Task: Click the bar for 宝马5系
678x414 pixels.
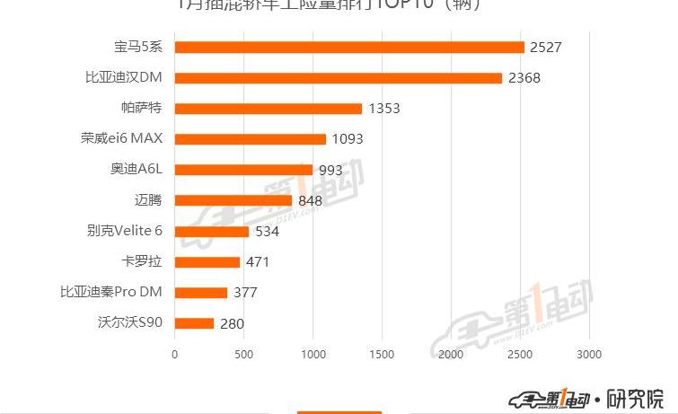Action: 348,47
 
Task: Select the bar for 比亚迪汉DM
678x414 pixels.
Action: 338,78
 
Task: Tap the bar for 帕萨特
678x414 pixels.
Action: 268,109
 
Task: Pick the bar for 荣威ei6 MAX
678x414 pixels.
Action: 250,139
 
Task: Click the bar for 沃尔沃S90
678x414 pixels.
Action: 194,323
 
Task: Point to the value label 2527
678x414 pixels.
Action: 546,47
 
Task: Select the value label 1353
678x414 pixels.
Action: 383,109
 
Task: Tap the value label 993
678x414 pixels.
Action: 332,170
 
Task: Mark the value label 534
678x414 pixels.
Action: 267,232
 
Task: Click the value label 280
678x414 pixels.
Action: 232,323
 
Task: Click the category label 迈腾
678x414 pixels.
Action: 149,200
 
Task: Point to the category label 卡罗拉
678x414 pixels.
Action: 143,261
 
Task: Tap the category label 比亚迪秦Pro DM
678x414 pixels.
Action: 111,292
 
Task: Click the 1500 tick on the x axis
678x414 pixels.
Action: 382,354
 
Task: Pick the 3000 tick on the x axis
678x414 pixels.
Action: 589,354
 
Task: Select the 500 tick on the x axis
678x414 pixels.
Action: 243,354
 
